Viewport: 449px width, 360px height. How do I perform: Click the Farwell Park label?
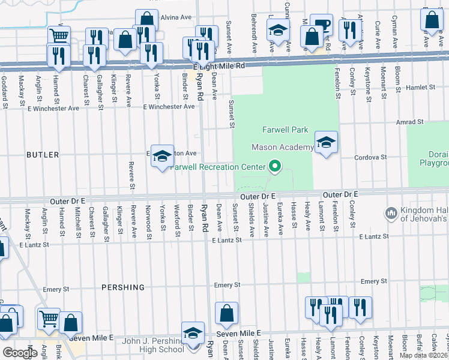point(285,130)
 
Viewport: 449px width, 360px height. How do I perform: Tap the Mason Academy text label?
point(282,147)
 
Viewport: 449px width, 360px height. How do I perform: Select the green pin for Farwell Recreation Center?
point(276,167)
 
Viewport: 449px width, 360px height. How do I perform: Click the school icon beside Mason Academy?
point(326,143)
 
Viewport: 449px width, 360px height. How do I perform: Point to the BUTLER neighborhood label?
point(43,155)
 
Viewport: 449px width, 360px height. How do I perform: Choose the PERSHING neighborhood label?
point(123,287)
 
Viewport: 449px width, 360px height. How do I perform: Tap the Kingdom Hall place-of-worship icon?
point(391,213)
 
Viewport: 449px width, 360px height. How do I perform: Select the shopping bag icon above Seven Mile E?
point(227,313)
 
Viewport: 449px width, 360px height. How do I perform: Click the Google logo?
point(20,352)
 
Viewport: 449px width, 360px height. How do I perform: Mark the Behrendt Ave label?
point(255,33)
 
